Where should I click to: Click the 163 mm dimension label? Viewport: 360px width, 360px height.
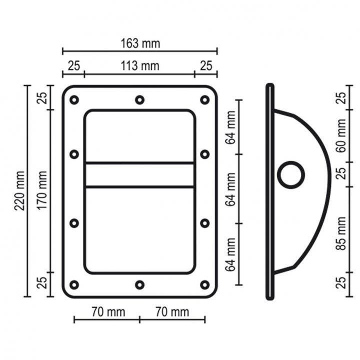pyautogui.click(x=140, y=43)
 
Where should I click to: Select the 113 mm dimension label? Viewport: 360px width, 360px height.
pyautogui.click(x=140, y=66)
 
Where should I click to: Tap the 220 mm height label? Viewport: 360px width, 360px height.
pyautogui.click(x=19, y=190)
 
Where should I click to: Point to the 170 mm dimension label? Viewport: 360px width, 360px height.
pyautogui.click(x=42, y=190)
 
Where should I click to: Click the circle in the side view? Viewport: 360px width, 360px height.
pyautogui.click(x=291, y=175)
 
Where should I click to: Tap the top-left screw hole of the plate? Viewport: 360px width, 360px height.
pyautogui.click(x=74, y=100)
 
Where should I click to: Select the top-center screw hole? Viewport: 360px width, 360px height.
pyautogui.click(x=139, y=100)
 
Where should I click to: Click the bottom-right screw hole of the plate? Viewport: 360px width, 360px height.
pyautogui.click(x=205, y=285)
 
